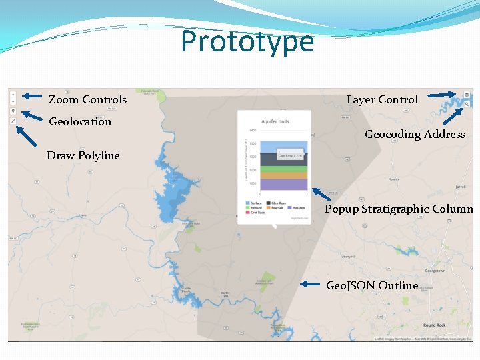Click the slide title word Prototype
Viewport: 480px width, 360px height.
pyautogui.click(x=247, y=41)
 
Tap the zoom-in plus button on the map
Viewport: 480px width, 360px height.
pyautogui.click(x=13, y=95)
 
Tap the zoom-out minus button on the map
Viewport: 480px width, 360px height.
pyautogui.click(x=13, y=101)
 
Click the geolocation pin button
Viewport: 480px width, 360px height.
pyautogui.click(x=13, y=111)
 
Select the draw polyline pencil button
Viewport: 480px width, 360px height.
pyautogui.click(x=13, y=121)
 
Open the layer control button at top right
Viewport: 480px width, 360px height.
pyautogui.click(x=467, y=95)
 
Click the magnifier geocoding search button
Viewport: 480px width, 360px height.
pyautogui.click(x=467, y=104)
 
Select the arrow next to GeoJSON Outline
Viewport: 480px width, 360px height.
pyautogui.click(x=310, y=284)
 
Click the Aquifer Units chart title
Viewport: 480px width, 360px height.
pyautogui.click(x=275, y=121)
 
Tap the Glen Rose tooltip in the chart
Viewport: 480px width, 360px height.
pyautogui.click(x=291, y=155)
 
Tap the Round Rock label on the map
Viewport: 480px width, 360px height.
pyautogui.click(x=434, y=325)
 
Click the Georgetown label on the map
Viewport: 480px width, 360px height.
pyautogui.click(x=435, y=271)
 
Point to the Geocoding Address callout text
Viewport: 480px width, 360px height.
pyautogui.click(x=415, y=134)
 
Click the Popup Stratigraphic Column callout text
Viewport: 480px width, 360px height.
pyautogui.click(x=399, y=209)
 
